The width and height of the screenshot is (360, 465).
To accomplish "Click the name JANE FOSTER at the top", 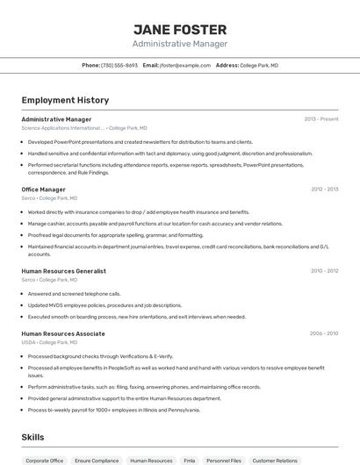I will [x=180, y=29].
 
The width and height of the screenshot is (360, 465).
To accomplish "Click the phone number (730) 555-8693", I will [x=119, y=65].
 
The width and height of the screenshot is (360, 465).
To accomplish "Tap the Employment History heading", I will [x=59, y=100].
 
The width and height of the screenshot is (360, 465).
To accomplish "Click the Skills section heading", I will [x=33, y=436].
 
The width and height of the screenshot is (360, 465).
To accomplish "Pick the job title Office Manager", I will [x=43, y=190].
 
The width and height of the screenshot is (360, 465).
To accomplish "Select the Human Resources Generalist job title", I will [x=63, y=271].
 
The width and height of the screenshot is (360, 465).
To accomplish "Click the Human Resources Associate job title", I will [x=62, y=333].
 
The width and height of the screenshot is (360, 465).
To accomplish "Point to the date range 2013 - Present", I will [x=321, y=118].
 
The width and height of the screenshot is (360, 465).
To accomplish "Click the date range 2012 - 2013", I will [x=324, y=190].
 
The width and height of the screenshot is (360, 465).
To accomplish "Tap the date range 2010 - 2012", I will [x=324, y=271].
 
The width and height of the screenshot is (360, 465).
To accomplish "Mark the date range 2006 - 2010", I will [x=324, y=333].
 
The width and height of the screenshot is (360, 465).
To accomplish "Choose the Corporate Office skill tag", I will [x=45, y=460].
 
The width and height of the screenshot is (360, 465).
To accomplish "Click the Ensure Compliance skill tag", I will [x=97, y=460].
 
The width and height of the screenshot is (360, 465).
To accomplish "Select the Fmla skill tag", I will [x=190, y=460].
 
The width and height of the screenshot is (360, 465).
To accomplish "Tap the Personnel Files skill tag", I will [x=224, y=460].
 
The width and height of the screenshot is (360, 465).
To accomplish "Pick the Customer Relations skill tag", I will [x=276, y=460].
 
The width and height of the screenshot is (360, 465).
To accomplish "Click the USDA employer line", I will [x=44, y=342].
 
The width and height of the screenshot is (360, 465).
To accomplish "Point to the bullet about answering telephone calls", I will [x=74, y=294].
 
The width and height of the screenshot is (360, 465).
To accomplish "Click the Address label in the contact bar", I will [x=227, y=65].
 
